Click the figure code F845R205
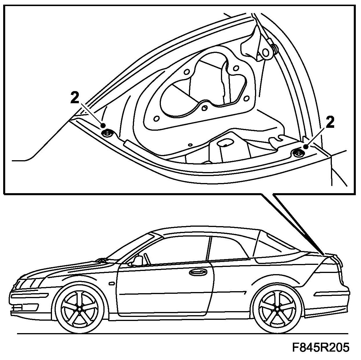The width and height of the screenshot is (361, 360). tap(321, 348)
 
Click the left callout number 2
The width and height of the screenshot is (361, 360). tap(75, 97)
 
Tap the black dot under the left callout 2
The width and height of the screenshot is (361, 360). tap(103, 125)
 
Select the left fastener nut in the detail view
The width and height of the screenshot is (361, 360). tap(107, 133)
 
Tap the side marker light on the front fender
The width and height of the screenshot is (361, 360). tap(112, 283)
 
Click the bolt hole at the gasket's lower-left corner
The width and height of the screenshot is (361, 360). tap(156, 119)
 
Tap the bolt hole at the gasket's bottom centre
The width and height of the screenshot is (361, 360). tap(205, 108)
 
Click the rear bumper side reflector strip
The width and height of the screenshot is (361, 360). tap(330, 293)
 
